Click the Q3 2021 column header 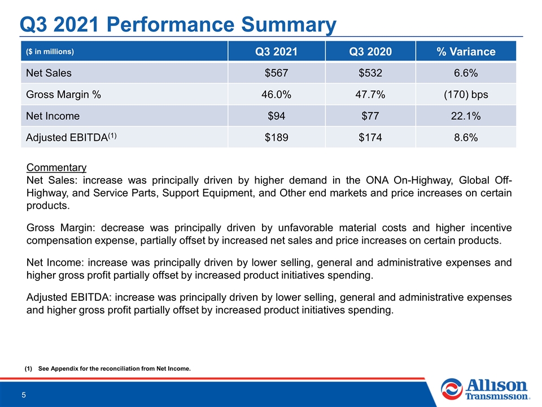point(276,51)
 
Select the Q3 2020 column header point(370,51)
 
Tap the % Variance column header point(466,51)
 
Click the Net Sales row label point(49,73)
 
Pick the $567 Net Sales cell point(276,73)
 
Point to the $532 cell point(370,73)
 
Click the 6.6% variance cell point(466,73)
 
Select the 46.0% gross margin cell point(276,94)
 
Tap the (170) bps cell point(466,94)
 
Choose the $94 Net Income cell point(276,116)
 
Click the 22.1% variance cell point(466,116)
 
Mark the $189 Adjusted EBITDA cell point(276,137)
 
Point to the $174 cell point(370,137)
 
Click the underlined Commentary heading point(56,167)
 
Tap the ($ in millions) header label point(50,51)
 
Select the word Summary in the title point(289,25)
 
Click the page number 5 point(24,395)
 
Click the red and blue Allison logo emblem point(452,389)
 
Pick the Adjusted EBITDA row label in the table point(71,137)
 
